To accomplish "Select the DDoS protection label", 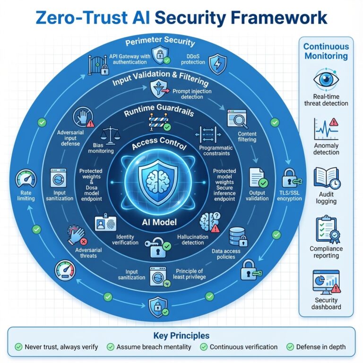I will coord(192,59).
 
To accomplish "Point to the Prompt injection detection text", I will coord(192,94).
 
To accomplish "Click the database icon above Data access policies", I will coord(235,236).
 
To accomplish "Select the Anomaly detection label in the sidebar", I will coord(326,149).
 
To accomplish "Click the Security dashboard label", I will coord(326,303).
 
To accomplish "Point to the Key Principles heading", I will coord(181,336).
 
